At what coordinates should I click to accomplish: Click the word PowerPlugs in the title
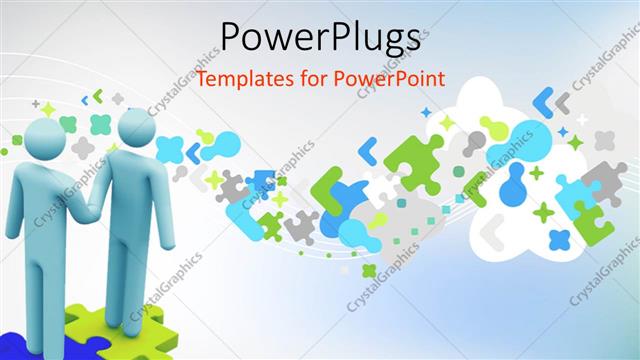point(319,37)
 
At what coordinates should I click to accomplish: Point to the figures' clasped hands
point(93,208)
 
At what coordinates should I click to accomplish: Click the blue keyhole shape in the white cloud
point(516,185)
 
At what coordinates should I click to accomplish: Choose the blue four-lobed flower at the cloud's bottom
point(559,239)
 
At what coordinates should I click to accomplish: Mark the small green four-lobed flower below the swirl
point(369,270)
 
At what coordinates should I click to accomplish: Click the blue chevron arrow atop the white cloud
point(544,101)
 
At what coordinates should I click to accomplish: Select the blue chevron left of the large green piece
point(367,151)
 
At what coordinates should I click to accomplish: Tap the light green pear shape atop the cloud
point(492,126)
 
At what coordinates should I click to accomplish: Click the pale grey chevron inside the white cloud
point(491,231)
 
